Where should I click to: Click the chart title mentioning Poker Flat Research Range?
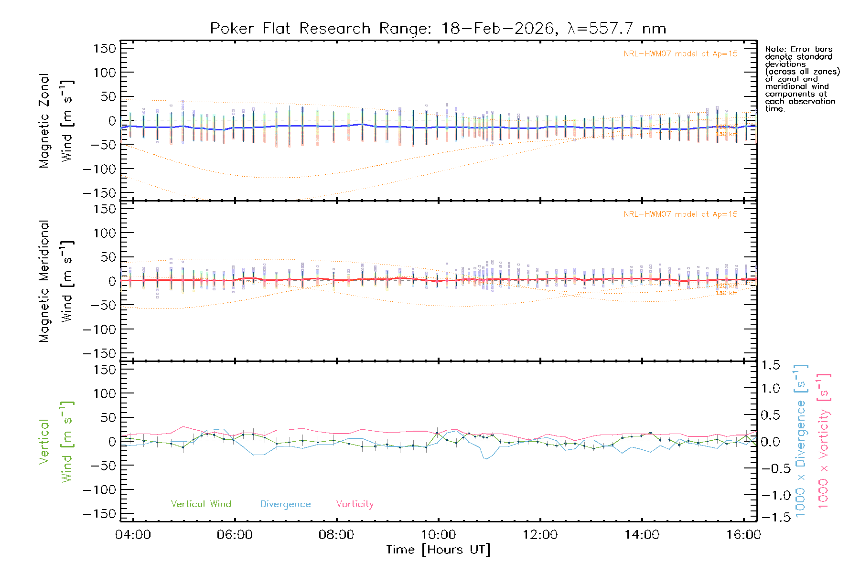438,29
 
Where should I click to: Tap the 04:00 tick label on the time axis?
133,535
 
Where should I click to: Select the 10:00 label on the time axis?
438,535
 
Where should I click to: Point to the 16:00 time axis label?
743,535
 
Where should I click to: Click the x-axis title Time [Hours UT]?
438,550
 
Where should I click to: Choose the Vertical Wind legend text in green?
201,504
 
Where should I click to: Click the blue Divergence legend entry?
285,504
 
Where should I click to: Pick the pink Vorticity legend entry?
355,504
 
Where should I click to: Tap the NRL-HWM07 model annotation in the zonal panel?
680,54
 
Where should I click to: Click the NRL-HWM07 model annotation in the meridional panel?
680,214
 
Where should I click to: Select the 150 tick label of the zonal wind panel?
105,49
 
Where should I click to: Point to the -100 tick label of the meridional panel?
99,329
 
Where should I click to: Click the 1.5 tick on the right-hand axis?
770,365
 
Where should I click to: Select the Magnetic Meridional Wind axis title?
56,281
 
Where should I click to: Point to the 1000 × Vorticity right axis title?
823,441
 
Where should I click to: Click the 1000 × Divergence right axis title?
801,441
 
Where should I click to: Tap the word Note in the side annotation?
774,49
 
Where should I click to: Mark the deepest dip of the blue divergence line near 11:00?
486,459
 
